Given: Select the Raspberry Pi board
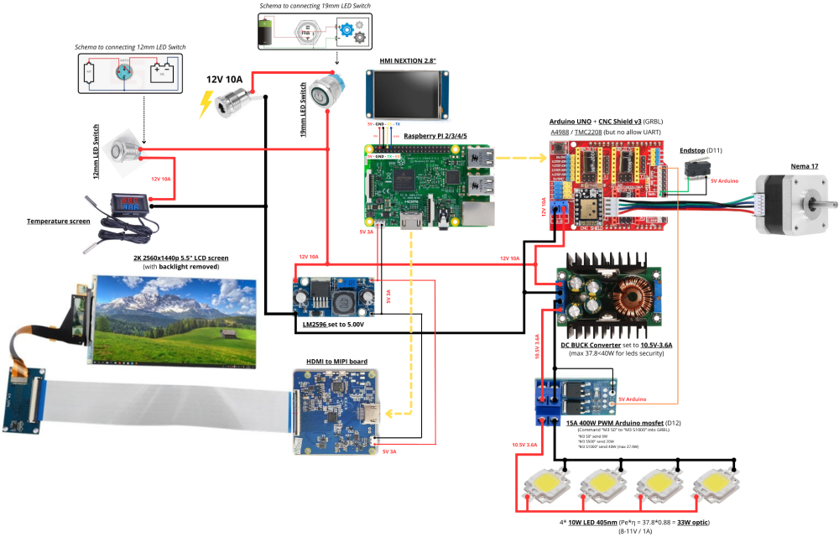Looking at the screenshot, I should pyautogui.click(x=427, y=185).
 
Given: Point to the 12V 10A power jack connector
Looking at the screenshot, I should pyautogui.click(x=229, y=103).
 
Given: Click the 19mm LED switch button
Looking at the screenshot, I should pyautogui.click(x=326, y=92).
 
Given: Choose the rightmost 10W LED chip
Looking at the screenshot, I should pyautogui.click(x=719, y=485).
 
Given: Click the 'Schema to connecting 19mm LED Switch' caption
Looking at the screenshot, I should pyautogui.click(x=315, y=6).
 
